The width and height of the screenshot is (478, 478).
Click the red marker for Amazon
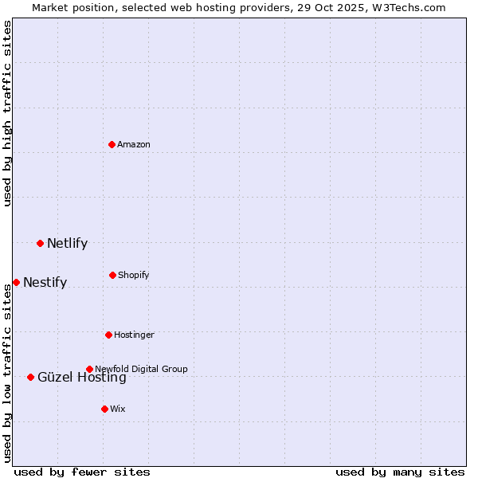(x=112, y=144)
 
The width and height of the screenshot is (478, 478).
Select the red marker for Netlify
(x=40, y=243)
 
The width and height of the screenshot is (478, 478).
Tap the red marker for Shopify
(x=112, y=275)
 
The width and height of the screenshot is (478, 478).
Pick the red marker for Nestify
(x=16, y=282)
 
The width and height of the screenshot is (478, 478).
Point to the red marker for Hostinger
(x=108, y=335)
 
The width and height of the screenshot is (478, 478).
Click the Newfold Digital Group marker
(x=89, y=369)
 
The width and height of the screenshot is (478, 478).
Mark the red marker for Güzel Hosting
(x=30, y=377)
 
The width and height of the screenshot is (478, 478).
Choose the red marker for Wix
(x=104, y=409)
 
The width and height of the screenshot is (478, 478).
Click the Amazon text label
(x=134, y=144)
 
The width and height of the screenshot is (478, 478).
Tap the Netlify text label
(x=67, y=243)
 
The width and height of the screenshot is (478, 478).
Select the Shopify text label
(x=134, y=275)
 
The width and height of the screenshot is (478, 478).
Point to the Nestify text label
(x=45, y=282)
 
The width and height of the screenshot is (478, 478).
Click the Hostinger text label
(x=134, y=335)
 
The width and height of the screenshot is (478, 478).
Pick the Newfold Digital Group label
(x=141, y=369)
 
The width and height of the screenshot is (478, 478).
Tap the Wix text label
(x=118, y=409)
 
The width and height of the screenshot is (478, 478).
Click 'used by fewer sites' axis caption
(x=82, y=472)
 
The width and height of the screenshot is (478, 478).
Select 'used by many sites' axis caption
(x=400, y=472)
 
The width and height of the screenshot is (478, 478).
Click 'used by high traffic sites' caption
(x=7, y=113)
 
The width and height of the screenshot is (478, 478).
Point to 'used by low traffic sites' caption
(x=7, y=373)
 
